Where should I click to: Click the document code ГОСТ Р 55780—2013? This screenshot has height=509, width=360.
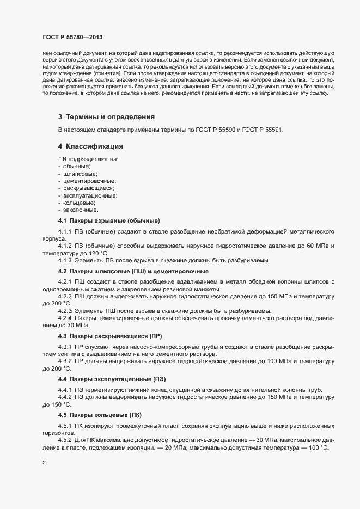[x=72, y=38]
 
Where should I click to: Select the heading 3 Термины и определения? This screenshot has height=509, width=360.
[x=107, y=117]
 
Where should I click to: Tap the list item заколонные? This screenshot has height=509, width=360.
[x=81, y=210]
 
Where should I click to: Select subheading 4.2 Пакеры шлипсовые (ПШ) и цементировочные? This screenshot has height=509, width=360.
[x=133, y=271]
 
